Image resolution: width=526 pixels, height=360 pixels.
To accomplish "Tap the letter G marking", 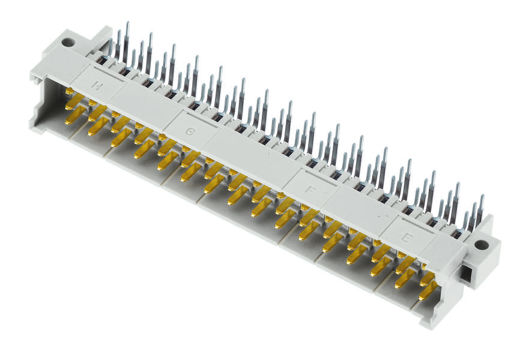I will pos(190,131).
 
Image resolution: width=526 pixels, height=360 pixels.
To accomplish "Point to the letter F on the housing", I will pos(310,189).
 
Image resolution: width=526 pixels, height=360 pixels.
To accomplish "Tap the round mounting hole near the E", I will pos(480,245).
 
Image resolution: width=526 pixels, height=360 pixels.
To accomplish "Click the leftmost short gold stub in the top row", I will pos(70,91).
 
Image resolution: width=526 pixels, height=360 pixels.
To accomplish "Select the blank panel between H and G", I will pos(141,108).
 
